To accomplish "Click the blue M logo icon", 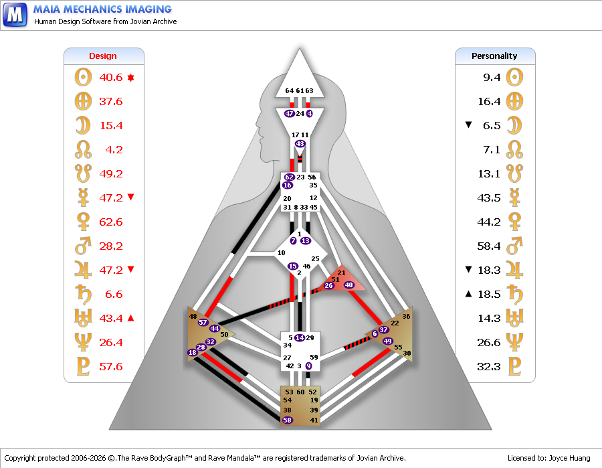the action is coord(15,15).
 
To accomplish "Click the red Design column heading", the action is coord(102,56).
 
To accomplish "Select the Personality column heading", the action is coord(494,56).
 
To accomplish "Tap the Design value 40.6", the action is coord(110,78).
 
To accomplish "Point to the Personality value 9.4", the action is coord(492,78).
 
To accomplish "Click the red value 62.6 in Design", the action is coord(110,222).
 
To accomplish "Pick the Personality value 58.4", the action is coord(489,246).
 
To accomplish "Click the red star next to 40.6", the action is coord(130,78).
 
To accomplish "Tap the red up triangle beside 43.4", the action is coord(130,318).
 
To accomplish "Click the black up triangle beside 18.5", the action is coord(468,294).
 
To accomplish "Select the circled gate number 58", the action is coord(287,420).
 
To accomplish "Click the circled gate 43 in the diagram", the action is coord(300,144).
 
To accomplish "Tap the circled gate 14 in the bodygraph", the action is coord(300,337).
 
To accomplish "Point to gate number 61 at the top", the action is coord(300,90).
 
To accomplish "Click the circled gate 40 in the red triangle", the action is coord(348,285).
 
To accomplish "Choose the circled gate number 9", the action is coord(308,366).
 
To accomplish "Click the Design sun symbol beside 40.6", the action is coord(84,77).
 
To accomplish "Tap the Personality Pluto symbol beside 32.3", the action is coord(515,366).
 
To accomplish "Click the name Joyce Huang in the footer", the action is coord(569,458).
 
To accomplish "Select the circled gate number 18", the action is coord(193,352).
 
